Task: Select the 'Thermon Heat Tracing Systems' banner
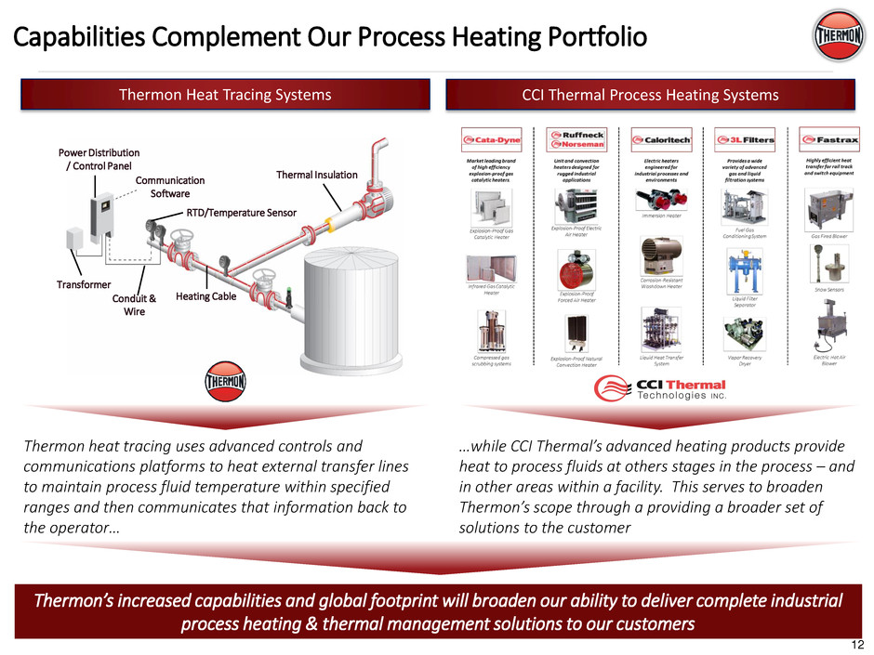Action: tap(224, 94)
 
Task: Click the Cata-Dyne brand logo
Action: tap(491, 140)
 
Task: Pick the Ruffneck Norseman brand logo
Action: tap(576, 139)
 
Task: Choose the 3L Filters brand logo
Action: tap(739, 140)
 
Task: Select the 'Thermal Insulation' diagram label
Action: tap(317, 175)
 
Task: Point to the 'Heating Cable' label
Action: tap(205, 296)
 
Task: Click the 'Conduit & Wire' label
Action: tap(135, 305)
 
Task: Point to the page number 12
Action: tap(855, 645)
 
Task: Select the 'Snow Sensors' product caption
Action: tap(820, 289)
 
